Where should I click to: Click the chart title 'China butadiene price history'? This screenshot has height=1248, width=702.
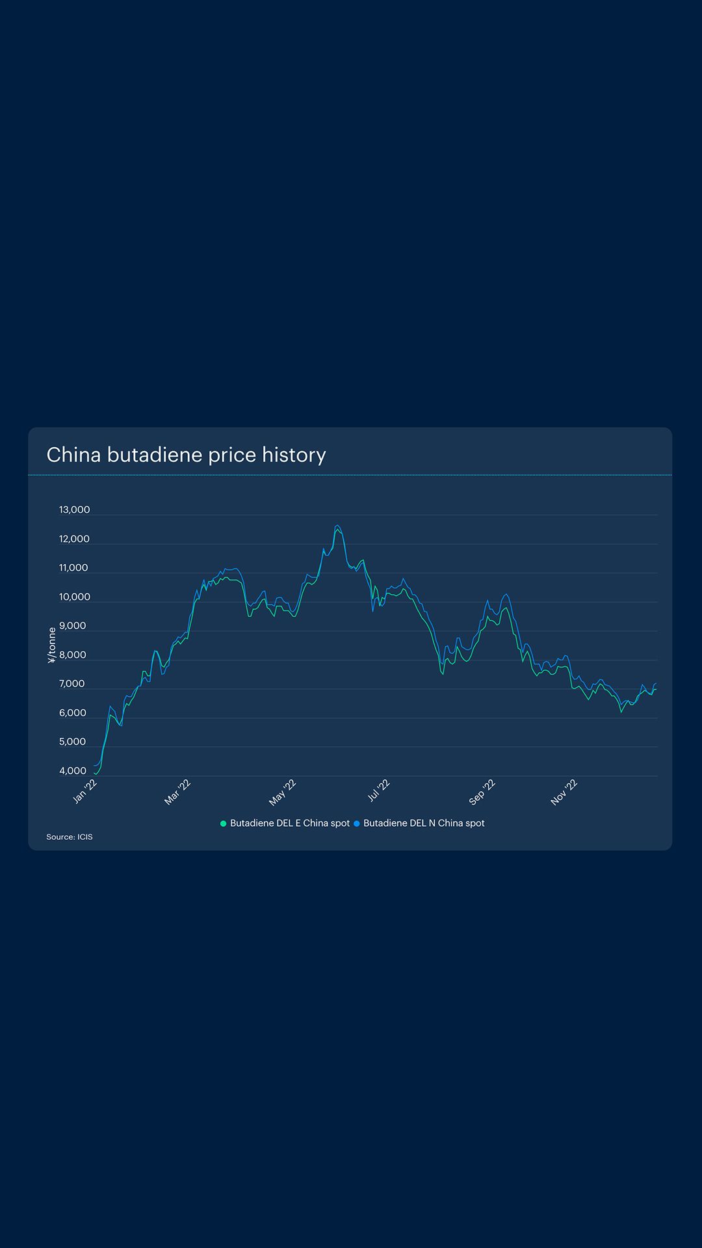point(186,455)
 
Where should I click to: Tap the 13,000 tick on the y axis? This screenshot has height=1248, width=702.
point(74,510)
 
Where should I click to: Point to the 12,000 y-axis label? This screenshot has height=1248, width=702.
point(74,539)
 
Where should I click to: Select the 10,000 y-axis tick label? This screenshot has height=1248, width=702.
point(74,597)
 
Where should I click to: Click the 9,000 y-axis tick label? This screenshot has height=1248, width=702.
point(72,626)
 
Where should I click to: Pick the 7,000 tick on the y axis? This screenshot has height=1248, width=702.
point(71,684)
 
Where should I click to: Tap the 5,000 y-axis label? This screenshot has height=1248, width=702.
point(72,742)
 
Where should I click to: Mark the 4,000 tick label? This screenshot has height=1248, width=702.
point(72,771)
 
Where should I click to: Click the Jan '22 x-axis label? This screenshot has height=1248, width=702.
point(85,791)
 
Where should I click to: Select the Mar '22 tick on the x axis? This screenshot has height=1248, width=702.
point(177,792)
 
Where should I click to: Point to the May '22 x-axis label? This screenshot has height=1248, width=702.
point(283,792)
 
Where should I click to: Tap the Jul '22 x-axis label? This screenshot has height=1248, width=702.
point(379,790)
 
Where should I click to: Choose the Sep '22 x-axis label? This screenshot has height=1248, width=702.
point(482,792)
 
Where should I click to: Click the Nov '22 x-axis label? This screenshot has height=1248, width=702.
point(564,792)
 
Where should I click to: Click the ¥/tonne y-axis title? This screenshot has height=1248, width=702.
point(52,645)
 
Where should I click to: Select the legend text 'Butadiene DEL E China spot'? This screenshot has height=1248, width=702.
point(289,823)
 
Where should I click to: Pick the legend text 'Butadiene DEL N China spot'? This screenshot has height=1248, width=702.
point(424,823)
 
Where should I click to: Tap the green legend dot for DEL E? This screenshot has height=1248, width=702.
point(224,824)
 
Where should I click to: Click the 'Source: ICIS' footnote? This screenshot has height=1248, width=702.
point(70,837)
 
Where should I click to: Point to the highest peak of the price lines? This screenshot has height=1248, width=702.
point(337,526)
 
